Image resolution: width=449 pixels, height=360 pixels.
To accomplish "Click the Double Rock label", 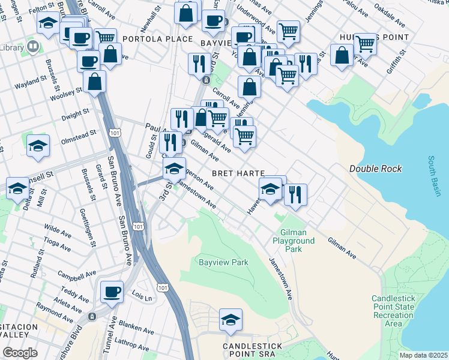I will click(x=375, y=169).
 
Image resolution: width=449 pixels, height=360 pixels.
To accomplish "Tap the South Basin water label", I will click(x=434, y=176).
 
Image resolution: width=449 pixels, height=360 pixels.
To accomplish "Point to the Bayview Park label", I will click(x=223, y=262).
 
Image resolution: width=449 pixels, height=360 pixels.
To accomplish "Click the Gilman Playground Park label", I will click(x=297, y=240).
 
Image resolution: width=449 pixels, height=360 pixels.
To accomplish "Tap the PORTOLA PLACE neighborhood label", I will click(x=157, y=40).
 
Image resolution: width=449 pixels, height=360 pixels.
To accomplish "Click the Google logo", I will click(x=20, y=353).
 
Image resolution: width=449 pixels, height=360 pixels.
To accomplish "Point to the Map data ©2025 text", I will click(x=423, y=355).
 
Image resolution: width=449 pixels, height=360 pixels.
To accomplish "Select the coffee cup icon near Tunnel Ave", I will click(x=112, y=292).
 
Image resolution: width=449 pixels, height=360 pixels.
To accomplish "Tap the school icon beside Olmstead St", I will click(x=38, y=146).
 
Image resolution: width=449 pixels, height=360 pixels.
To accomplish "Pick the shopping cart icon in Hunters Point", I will click(x=365, y=43).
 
